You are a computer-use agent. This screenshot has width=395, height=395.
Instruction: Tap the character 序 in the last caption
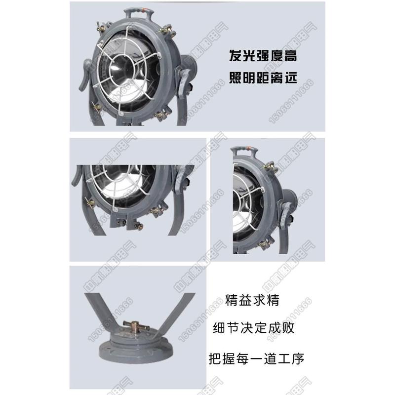tap(298, 358)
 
